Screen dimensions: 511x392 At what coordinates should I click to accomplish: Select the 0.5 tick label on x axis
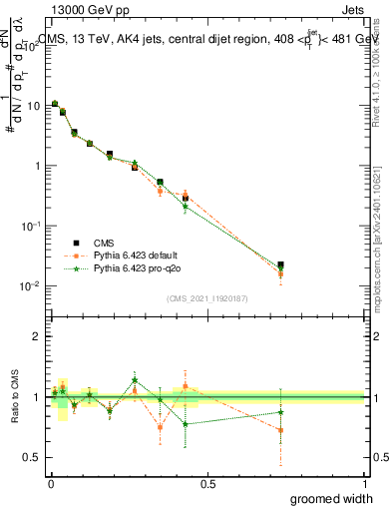[x=208, y=483]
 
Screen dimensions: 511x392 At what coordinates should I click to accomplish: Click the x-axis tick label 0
[x=52, y=483]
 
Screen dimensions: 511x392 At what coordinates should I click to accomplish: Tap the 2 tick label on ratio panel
[x=37, y=336]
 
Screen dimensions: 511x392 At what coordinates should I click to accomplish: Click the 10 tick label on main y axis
[x=34, y=105]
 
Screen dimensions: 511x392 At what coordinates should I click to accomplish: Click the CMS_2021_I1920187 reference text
[x=206, y=297]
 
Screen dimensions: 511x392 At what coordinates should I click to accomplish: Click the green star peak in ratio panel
[x=135, y=379]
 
